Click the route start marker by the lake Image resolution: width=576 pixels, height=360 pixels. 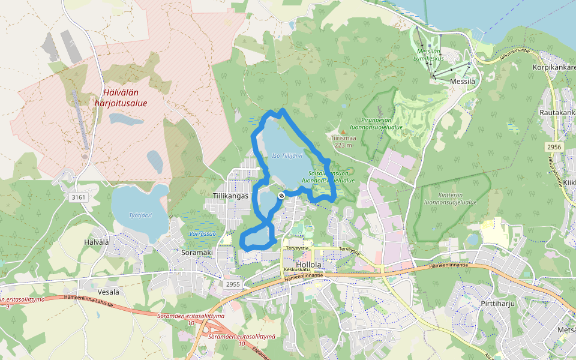pos(281,196)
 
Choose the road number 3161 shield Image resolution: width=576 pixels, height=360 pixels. pos(79,197)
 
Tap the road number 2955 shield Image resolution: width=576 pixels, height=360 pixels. pos(233,284)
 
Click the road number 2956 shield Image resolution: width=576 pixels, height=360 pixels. pos(554,147)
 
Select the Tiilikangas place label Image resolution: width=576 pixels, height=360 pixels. pos(230,196)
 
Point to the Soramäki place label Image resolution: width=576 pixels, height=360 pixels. pos(197,253)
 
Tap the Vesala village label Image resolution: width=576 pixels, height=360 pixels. pos(104,292)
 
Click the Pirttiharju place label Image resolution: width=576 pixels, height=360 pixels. pos(498,304)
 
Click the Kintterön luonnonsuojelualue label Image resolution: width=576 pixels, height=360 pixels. pos(449,199)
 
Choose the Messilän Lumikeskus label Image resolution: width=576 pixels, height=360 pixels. pos(429,55)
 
